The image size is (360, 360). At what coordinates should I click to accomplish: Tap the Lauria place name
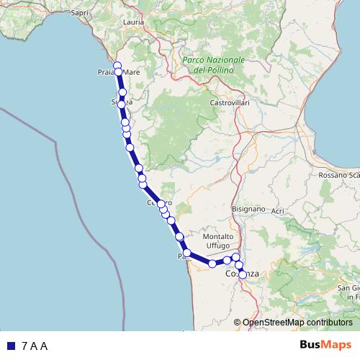click(x=134, y=22)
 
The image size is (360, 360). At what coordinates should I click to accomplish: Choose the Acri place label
click(x=279, y=210)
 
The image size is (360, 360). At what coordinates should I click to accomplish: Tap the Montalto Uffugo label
click(x=219, y=241)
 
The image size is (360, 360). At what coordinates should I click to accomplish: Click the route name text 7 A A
click(x=35, y=346)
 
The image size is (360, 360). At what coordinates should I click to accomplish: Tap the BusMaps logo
click(x=326, y=346)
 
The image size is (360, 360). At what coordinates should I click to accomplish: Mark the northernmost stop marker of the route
click(x=117, y=66)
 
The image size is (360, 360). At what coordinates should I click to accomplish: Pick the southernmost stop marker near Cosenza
click(x=243, y=274)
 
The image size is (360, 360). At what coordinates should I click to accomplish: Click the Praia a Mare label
click(x=118, y=73)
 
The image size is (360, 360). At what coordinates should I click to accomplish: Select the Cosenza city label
click(x=243, y=274)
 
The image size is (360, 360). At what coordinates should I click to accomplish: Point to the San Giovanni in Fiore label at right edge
click(x=349, y=292)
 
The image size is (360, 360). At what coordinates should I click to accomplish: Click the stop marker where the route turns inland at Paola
click(x=187, y=253)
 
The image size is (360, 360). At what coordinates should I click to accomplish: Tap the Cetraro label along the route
click(x=160, y=204)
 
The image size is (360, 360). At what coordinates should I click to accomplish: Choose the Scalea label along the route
click(x=122, y=104)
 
